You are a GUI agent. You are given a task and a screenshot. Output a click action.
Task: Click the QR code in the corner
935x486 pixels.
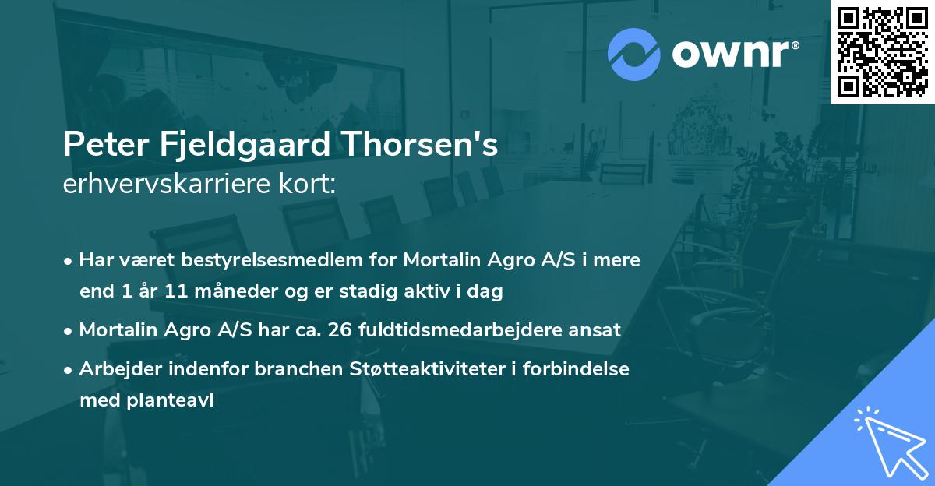coord(882,51)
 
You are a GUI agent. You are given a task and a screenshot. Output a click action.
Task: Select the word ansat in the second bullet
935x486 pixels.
coord(598,329)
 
